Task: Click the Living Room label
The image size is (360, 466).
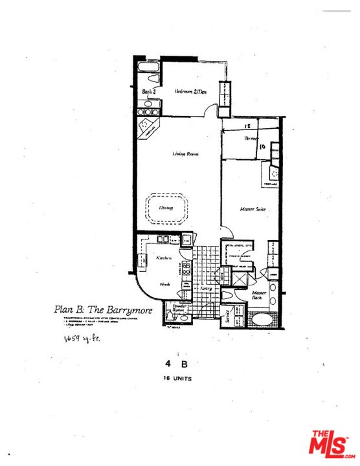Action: click(x=185, y=154)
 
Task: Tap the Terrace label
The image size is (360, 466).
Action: click(x=251, y=139)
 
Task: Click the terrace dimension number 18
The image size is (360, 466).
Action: click(x=247, y=128)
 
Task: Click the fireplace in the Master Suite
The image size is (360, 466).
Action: click(x=273, y=173)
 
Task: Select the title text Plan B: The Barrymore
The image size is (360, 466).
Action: click(x=103, y=310)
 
